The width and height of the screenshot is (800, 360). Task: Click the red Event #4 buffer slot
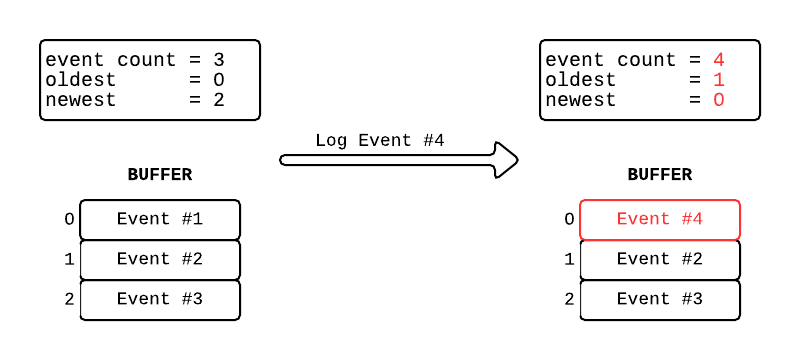(x=660, y=219)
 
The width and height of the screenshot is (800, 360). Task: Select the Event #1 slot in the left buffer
(x=160, y=219)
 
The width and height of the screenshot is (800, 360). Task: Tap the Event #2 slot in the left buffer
(x=160, y=259)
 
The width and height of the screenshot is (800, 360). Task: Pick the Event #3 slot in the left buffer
(x=160, y=299)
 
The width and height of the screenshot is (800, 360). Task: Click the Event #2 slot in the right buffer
(x=660, y=259)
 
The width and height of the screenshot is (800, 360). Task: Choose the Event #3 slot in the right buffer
(x=660, y=299)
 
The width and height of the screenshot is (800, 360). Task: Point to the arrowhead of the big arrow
(x=507, y=159)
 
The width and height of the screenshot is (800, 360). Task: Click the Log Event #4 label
(x=379, y=140)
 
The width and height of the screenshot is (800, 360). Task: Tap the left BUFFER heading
(x=160, y=174)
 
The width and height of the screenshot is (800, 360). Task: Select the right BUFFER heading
(x=660, y=174)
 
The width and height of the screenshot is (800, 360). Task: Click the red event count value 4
(x=718, y=60)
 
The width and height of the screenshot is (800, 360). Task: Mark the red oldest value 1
(x=718, y=80)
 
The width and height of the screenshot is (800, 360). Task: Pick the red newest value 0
(x=718, y=100)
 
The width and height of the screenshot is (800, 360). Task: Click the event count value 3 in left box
(x=218, y=60)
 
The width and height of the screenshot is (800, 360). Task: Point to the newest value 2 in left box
(x=218, y=100)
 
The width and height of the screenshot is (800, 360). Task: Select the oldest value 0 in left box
(x=218, y=80)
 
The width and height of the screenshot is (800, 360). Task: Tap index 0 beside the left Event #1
(x=69, y=219)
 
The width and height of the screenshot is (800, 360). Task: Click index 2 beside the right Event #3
(x=569, y=299)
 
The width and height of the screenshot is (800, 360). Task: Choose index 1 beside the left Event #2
(x=69, y=259)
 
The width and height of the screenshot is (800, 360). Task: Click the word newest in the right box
(x=581, y=100)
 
